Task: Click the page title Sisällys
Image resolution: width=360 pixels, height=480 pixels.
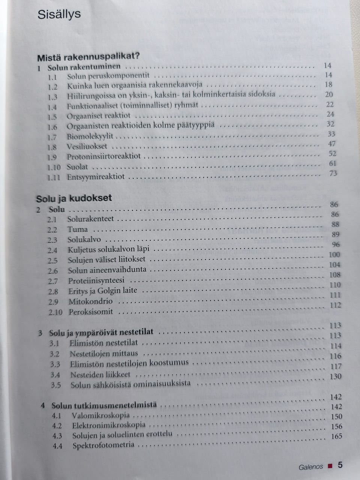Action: pyautogui.click(x=59, y=15)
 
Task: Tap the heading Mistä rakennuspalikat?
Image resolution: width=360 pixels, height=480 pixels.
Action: pyautogui.click(x=88, y=58)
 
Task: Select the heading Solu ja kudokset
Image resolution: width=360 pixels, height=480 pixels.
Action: pyautogui.click(x=74, y=198)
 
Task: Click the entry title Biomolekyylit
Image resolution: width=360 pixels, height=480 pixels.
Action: pyautogui.click(x=90, y=137)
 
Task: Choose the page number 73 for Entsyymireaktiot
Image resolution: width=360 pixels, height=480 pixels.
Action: pyautogui.click(x=332, y=173)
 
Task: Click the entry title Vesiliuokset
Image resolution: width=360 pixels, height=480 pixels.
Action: pyautogui.click(x=87, y=147)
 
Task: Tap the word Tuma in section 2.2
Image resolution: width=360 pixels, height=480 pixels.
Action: pyautogui.click(x=78, y=229)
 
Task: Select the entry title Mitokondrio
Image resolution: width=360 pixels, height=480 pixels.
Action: pyautogui.click(x=90, y=301)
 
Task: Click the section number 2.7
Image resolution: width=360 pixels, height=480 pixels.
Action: pyautogui.click(x=53, y=281)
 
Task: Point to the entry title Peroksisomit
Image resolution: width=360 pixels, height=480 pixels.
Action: pyautogui.click(x=91, y=312)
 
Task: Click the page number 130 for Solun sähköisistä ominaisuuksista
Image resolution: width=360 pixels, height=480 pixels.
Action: pyautogui.click(x=336, y=376)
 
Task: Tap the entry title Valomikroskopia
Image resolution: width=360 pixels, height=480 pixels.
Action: pyautogui.click(x=101, y=415)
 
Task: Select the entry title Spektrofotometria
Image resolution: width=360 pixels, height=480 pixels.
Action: pyautogui.click(x=103, y=445)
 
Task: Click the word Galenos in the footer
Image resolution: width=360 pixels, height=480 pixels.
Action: pyautogui.click(x=310, y=467)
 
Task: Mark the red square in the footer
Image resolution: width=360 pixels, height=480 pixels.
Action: pyautogui.click(x=330, y=467)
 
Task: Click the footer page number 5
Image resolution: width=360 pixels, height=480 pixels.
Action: pyautogui.click(x=340, y=465)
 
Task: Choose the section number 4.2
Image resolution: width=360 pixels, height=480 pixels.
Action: pyautogui.click(x=57, y=426)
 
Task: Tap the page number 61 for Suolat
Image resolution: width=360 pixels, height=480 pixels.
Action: pyautogui.click(x=332, y=163)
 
